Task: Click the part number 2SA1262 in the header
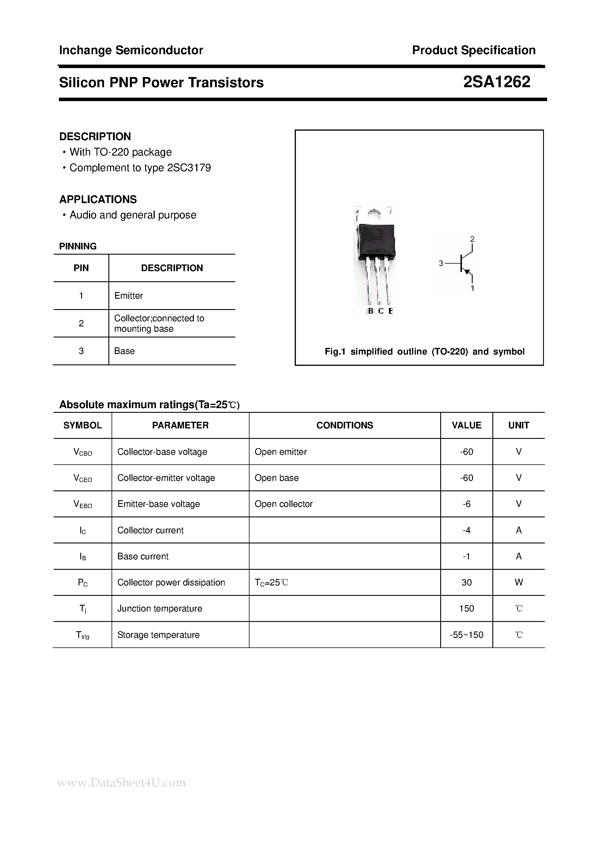[496, 82]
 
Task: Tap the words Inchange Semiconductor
[131, 50]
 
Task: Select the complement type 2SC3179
[189, 168]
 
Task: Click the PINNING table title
[78, 247]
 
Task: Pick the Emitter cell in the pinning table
[128, 295]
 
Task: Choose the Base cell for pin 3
[124, 351]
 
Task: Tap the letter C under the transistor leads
[381, 311]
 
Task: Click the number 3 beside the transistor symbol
[441, 263]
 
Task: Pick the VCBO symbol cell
[83, 452]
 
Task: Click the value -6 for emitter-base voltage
[467, 504]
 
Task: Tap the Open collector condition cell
[283, 504]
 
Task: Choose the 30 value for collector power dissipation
[467, 583]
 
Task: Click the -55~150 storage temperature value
[467, 635]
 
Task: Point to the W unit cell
[518, 583]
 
